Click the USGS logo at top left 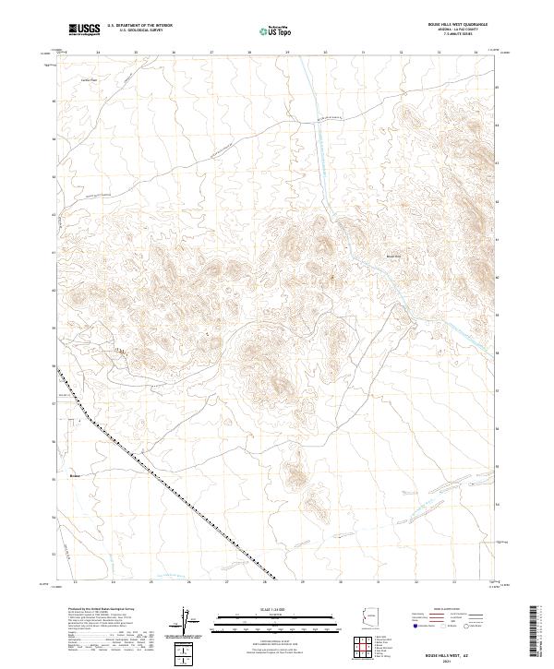[x=84, y=30]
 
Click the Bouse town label [x=76, y=476]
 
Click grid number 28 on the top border [x=250, y=53]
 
